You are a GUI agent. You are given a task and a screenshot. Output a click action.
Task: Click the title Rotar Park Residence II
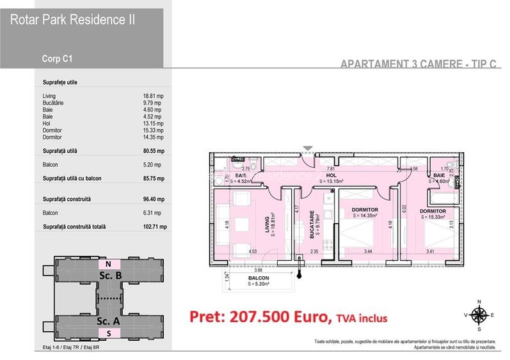71,19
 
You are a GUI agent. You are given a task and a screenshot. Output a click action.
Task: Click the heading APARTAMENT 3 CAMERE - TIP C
420,64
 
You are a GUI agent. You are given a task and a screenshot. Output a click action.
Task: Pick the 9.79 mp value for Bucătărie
153,103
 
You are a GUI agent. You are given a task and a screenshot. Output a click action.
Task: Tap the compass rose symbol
478,313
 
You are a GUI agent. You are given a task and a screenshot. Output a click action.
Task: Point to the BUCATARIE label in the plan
312,225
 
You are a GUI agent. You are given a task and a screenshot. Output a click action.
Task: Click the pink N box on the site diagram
109,263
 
